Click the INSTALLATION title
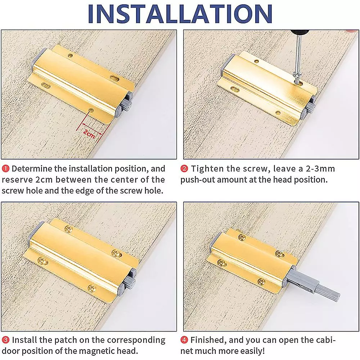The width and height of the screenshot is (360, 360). [180, 13]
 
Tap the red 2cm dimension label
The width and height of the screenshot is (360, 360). [89, 134]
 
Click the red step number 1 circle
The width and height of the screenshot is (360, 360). [5, 169]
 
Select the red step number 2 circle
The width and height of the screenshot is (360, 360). [184, 169]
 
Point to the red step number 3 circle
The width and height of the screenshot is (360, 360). [5, 340]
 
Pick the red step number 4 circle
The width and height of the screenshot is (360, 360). [184, 340]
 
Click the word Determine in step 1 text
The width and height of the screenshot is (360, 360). [32, 169]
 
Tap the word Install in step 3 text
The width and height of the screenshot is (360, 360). [24, 340]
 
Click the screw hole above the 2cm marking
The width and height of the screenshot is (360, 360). [91, 110]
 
